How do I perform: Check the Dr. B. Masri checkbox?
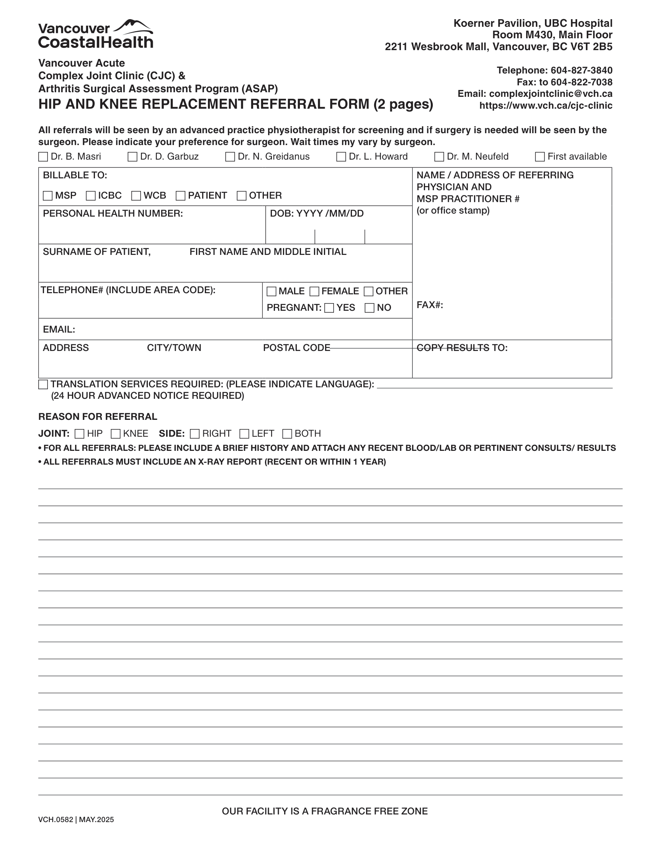click(43, 157)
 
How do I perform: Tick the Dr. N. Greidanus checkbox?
click(230, 157)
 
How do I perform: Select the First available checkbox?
click(540, 157)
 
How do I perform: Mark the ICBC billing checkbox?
click(91, 196)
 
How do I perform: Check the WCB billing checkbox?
click(136, 196)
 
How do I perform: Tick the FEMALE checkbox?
click(314, 292)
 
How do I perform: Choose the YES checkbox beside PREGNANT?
click(329, 308)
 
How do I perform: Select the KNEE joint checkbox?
click(116, 434)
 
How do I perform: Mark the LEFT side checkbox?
click(244, 434)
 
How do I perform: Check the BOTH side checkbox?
click(287, 434)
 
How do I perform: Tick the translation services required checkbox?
click(43, 384)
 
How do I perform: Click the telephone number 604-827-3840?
click(581, 70)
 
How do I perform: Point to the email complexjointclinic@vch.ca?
click(550, 94)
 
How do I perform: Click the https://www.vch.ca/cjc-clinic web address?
click(546, 106)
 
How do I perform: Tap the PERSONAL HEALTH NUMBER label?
click(113, 214)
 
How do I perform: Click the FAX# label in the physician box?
click(430, 305)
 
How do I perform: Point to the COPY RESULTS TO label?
click(462, 348)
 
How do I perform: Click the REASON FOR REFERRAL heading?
click(98, 417)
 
